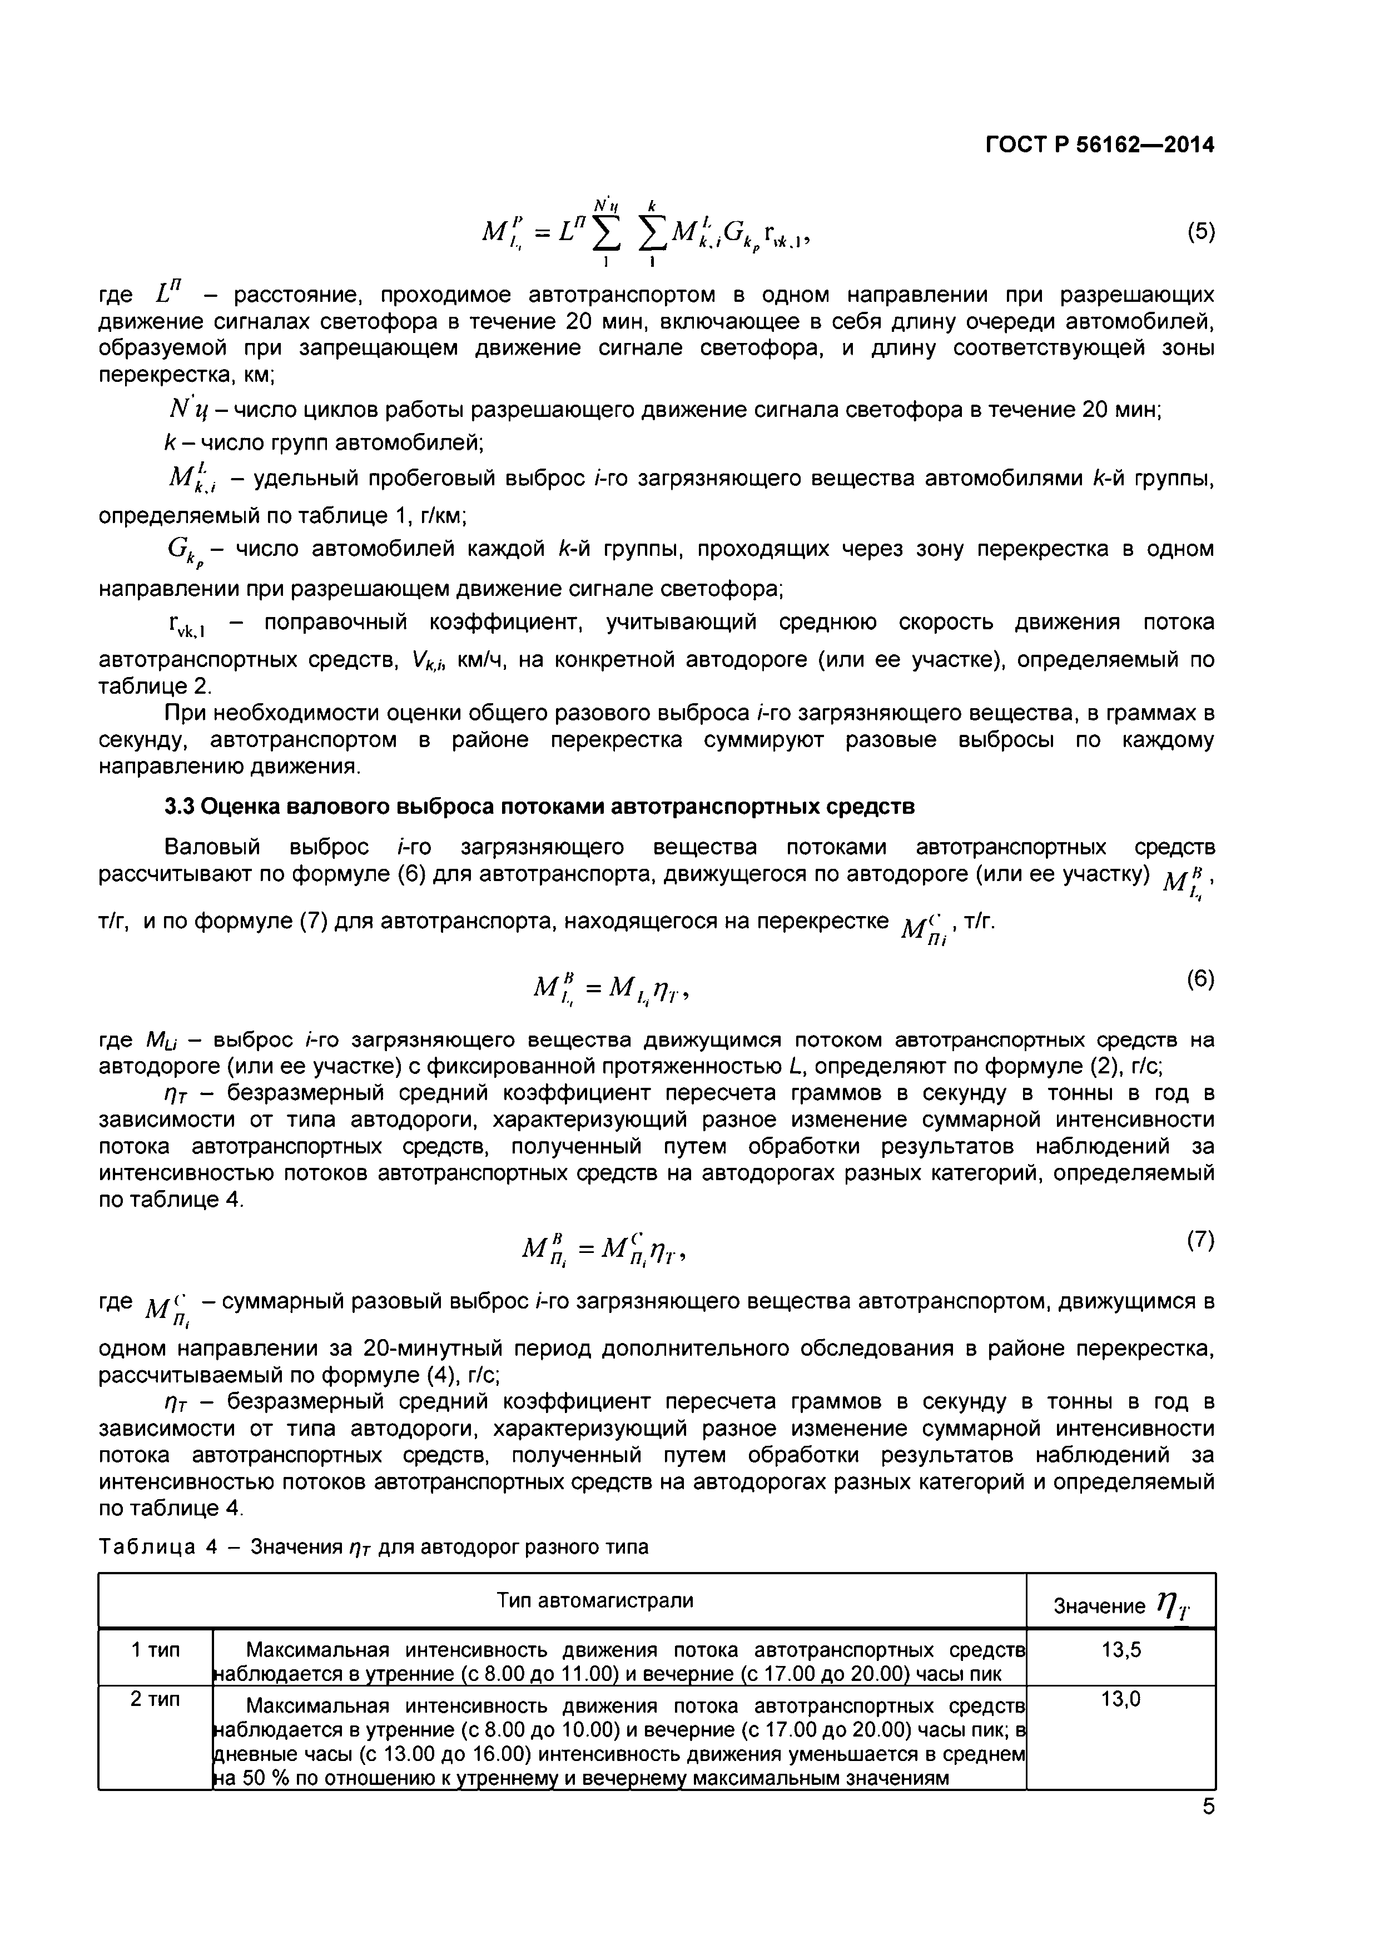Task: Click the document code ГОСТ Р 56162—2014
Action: click(1100, 145)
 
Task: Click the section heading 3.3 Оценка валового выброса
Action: click(539, 806)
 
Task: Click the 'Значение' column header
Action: click(1099, 1606)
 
